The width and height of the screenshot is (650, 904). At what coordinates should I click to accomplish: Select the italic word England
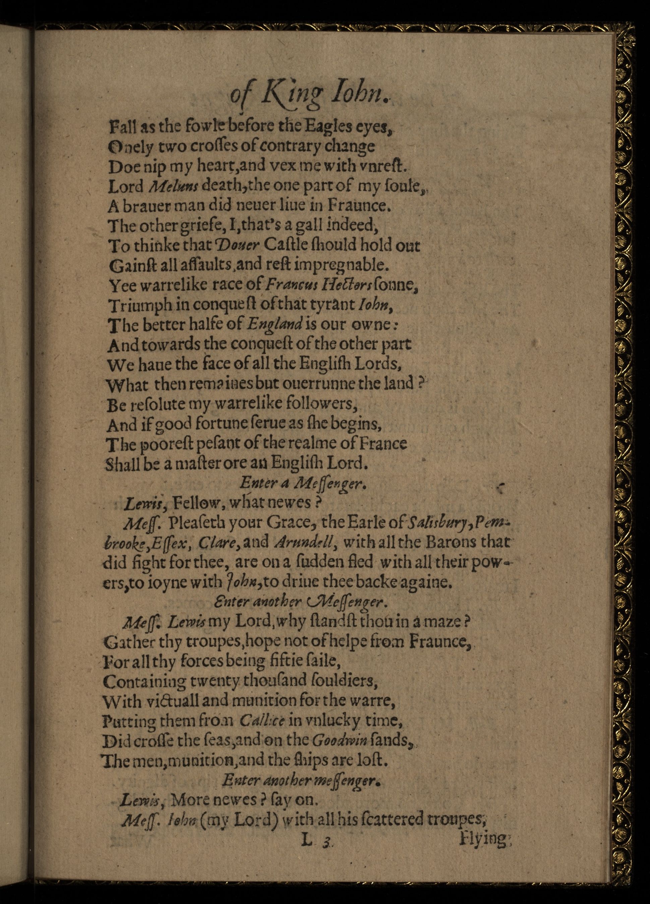275,325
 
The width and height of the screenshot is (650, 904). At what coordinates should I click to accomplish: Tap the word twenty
208,681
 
